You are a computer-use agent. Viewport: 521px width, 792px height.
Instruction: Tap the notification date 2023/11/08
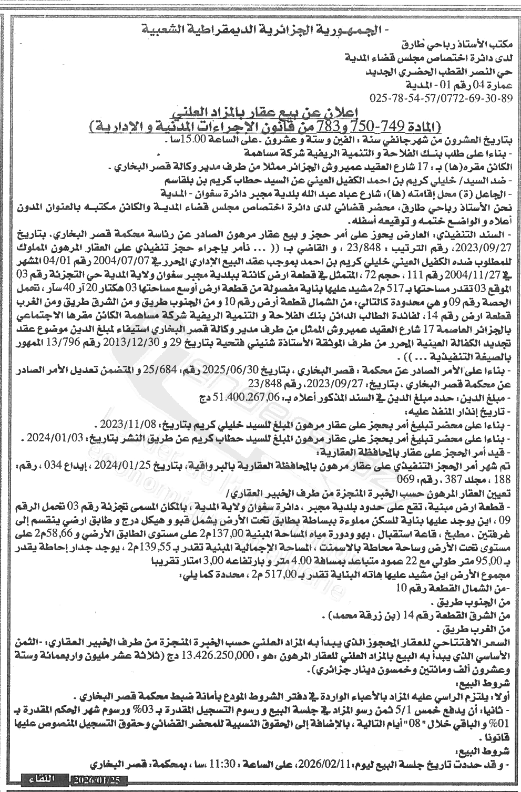126,424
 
